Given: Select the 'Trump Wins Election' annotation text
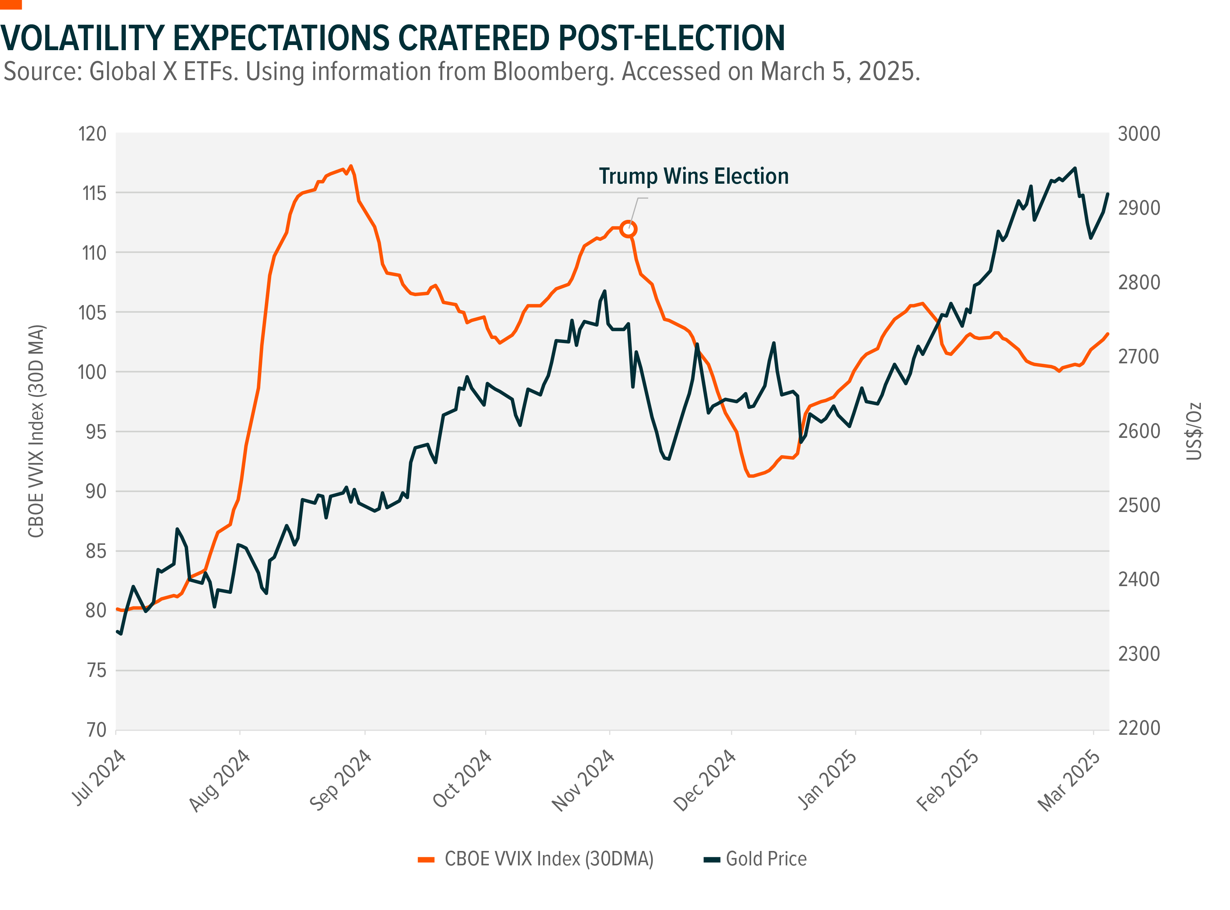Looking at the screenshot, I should coord(694,176).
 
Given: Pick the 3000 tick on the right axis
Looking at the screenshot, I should coord(1139,134).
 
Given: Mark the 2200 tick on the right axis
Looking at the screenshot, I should coord(1139,728).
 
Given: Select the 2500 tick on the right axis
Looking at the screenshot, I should coord(1139,505).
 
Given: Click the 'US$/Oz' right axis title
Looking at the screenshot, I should coord(1193,431).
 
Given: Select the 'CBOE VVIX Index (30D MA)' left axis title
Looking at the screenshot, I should coord(37,431).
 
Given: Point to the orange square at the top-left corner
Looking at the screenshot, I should coord(10,4).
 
